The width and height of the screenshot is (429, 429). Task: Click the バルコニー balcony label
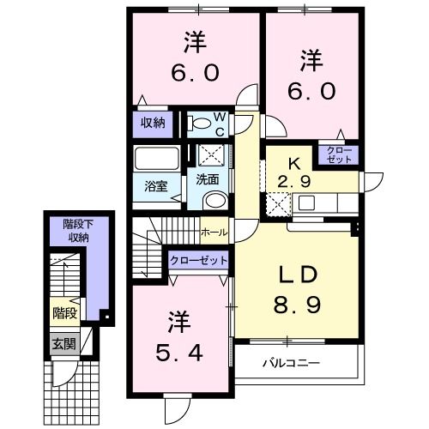[x=292, y=363]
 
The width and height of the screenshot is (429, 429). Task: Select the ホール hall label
[x=213, y=232]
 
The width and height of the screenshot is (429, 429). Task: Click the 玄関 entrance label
[x=62, y=344]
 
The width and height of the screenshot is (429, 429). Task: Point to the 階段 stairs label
[x=63, y=311]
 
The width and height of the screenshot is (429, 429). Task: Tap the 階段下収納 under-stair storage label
[x=78, y=231]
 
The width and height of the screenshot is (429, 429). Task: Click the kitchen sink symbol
[x=308, y=204]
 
